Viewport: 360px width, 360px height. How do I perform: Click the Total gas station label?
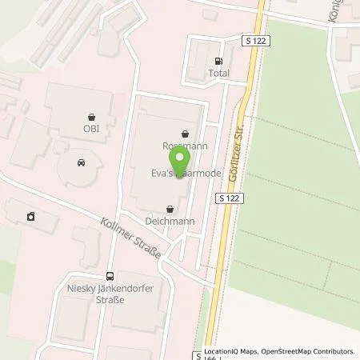218,73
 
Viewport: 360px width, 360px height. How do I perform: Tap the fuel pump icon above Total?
218,61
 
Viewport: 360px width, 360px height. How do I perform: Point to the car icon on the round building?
81,162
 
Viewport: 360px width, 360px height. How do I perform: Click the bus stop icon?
110,274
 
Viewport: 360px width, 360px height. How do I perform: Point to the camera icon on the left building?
30,216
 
